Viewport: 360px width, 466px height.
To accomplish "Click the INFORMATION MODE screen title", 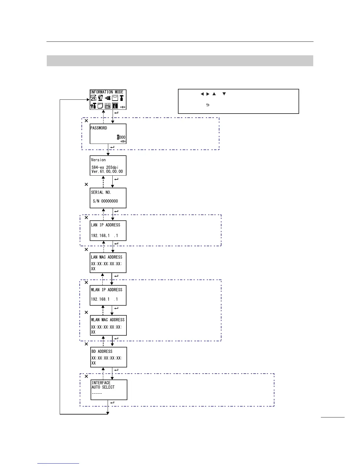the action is point(106,92).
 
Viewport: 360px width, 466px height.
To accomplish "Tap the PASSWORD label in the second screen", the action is point(99,128).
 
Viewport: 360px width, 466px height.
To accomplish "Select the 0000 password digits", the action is point(121,137).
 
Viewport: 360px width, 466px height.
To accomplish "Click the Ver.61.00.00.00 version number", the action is point(107,172).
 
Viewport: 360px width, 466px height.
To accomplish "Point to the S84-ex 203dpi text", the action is point(105,167).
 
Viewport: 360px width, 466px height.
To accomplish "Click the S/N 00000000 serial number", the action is point(105,201).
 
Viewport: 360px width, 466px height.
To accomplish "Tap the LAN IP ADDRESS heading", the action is point(106,225).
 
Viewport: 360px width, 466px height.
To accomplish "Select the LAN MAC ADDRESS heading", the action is point(106,257).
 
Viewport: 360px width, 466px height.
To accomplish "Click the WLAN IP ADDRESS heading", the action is point(106,290).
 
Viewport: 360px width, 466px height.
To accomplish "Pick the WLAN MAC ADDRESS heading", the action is point(108,320).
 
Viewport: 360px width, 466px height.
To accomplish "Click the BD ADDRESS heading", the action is point(102,352).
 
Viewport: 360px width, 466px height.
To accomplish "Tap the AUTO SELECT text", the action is point(103,387).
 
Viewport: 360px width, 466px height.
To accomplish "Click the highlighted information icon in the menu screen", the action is point(115,105).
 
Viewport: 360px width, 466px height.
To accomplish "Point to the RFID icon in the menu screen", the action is point(107,105).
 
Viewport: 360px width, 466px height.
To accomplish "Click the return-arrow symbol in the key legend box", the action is point(208,105).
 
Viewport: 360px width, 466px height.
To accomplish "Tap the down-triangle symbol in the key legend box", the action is point(224,94).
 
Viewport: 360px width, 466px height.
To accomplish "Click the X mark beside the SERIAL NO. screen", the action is point(86,184).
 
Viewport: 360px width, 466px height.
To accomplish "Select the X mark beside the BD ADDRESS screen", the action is point(86,344).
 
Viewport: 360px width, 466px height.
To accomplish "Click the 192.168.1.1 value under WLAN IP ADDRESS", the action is point(104,299).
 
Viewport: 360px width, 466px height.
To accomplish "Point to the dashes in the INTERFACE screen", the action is point(97,393).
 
